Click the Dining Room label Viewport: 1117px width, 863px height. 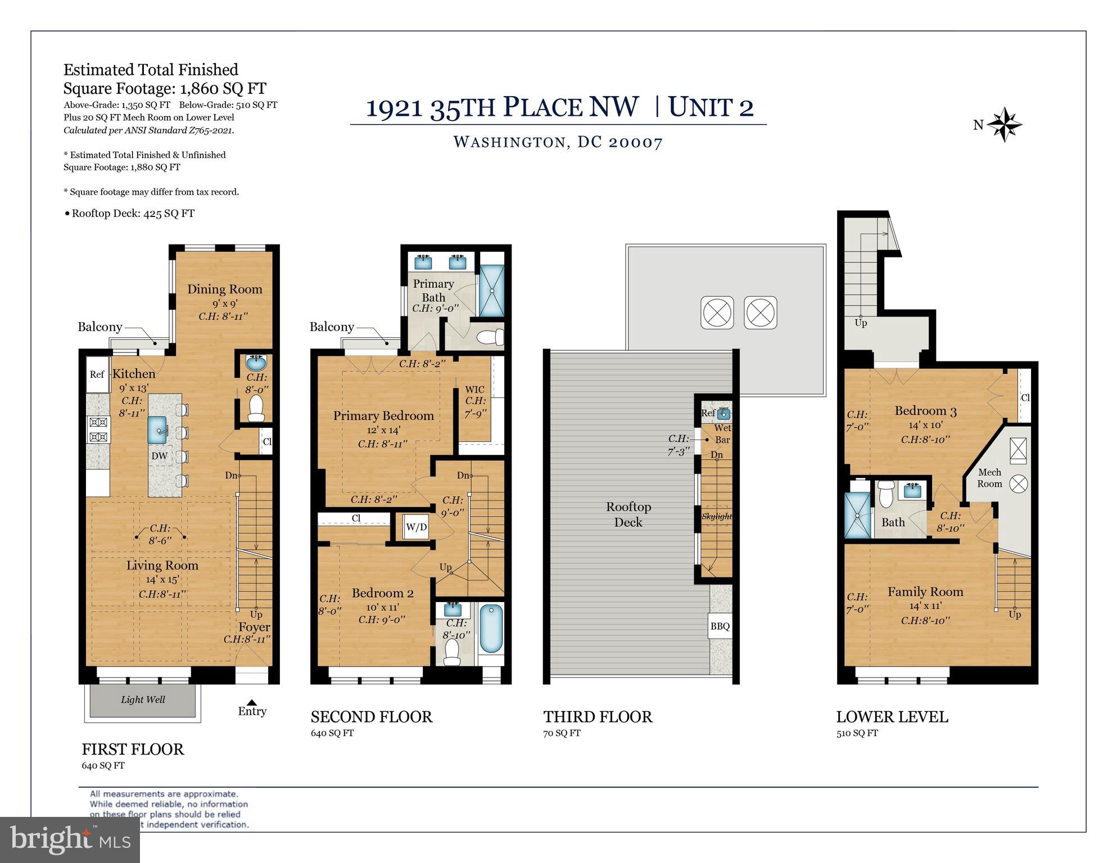coord(224,289)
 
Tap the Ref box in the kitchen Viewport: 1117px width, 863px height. coord(97,374)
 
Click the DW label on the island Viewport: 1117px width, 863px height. coord(159,456)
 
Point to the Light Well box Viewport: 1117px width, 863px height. coord(143,699)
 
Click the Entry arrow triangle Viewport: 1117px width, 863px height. coord(252,702)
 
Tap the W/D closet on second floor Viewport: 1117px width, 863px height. coord(417,527)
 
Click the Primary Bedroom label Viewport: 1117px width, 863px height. coord(383,416)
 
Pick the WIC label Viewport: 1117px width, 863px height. coord(474,390)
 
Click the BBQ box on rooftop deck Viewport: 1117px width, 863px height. coord(720,626)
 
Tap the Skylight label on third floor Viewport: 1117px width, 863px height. coord(717,516)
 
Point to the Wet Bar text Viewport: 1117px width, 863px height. coord(722,433)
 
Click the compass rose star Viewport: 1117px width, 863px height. coord(1005,125)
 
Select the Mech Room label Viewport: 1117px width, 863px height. coord(989,478)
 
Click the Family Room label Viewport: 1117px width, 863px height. coord(925,591)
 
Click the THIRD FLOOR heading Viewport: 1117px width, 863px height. coord(598,717)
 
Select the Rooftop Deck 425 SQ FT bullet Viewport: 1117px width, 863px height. coord(129,214)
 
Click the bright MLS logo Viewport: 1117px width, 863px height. coord(70,839)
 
